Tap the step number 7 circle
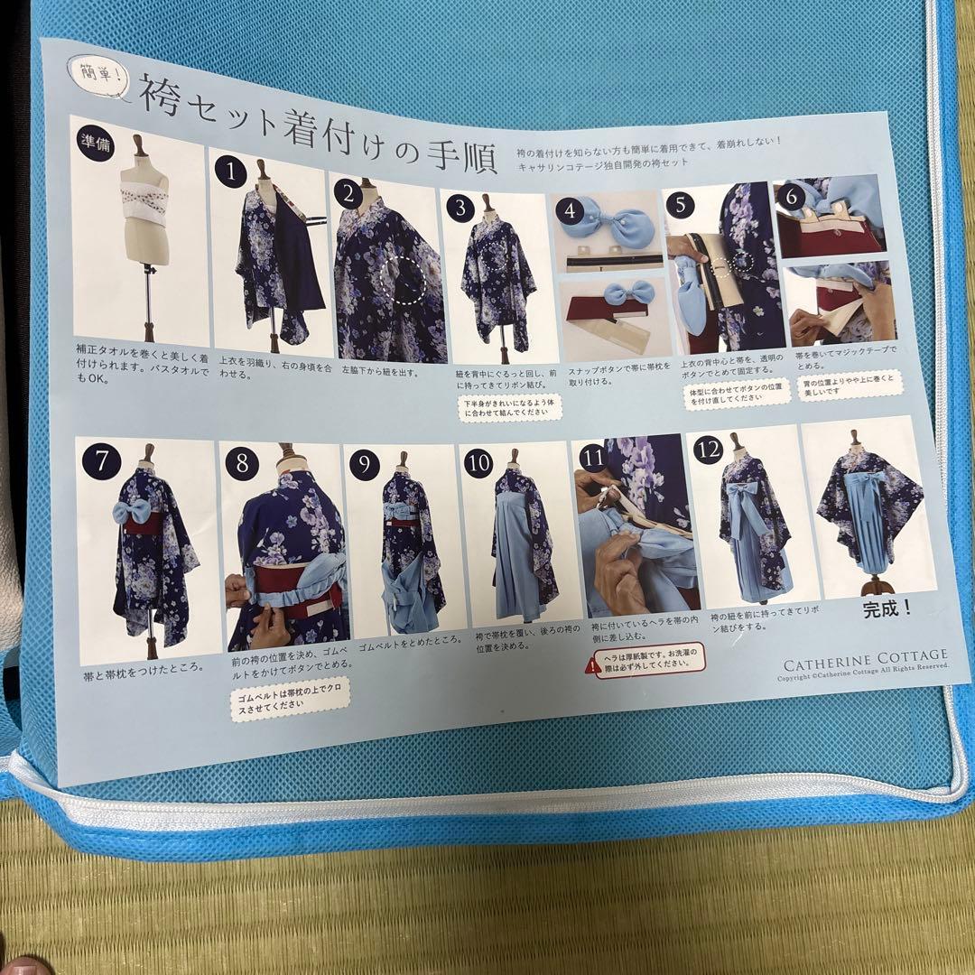[x=101, y=460]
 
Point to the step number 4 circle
[x=571, y=211]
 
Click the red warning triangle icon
[x=591, y=666]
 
